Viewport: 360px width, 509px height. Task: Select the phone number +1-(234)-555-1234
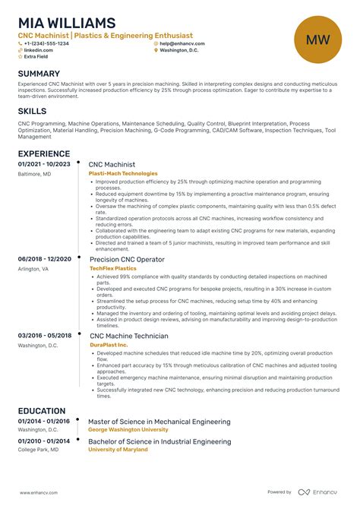46,43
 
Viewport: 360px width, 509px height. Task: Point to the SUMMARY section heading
39,74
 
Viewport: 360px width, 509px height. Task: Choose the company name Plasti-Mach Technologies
123,173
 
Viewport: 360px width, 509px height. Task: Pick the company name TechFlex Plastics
112,268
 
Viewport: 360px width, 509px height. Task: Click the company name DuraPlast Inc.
109,344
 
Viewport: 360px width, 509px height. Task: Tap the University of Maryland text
118,449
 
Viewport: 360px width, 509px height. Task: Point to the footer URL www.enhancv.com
37,492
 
